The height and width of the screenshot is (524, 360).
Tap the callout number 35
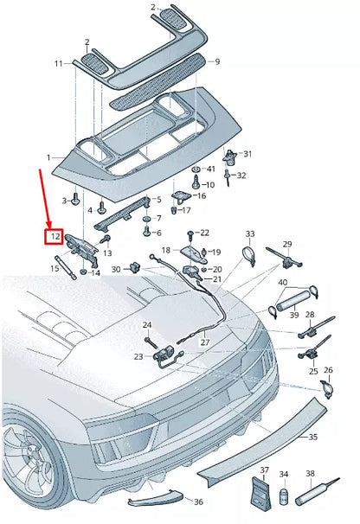tap(312, 438)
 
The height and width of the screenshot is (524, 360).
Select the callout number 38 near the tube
tap(310, 475)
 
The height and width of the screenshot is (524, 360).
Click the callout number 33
tap(250, 234)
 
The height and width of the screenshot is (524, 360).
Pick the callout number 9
tap(218, 61)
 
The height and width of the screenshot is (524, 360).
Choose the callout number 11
tap(58, 63)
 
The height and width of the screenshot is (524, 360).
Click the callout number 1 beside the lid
tap(49, 158)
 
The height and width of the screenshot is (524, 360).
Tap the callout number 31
tap(247, 154)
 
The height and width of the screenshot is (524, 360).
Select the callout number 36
tap(198, 502)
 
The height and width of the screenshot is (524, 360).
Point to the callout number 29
tap(287, 244)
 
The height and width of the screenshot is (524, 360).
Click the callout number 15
tap(55, 269)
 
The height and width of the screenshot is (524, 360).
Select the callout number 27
tap(205, 342)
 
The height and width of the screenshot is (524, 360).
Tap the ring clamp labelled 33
tap(249, 256)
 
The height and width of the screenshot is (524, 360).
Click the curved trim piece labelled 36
tap(156, 505)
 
